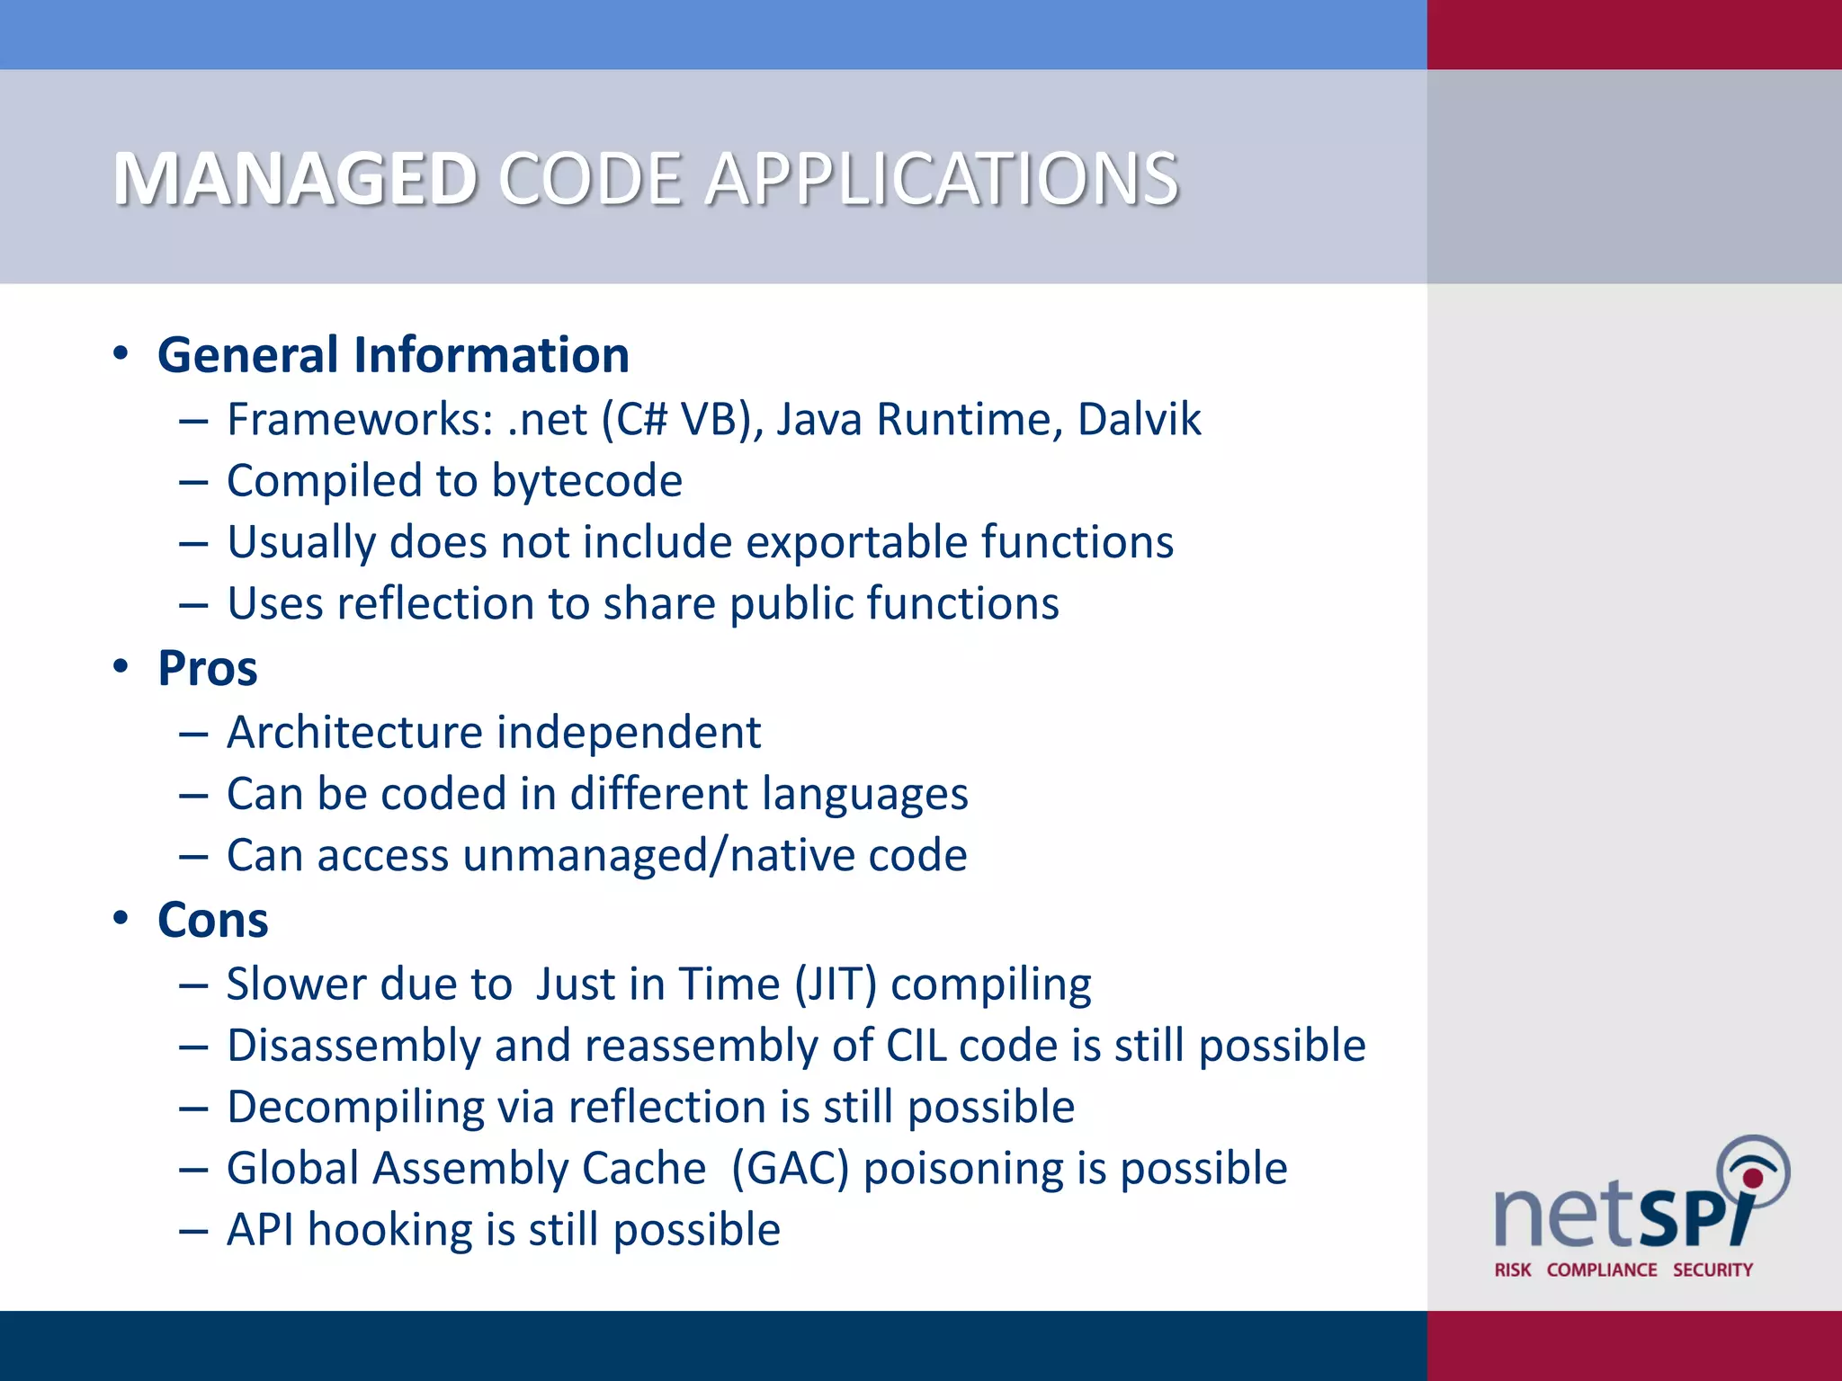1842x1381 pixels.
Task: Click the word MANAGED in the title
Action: pyautogui.click(x=295, y=179)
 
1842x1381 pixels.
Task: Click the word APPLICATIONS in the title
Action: pyautogui.click(x=941, y=179)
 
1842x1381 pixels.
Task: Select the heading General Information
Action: pyautogui.click(x=393, y=354)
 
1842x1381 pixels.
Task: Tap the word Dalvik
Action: pyautogui.click(x=1139, y=419)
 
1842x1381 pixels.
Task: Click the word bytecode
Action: pyautogui.click(x=586, y=481)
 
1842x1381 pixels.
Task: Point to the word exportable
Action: pyautogui.click(x=855, y=542)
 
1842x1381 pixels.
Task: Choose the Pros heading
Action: pyautogui.click(x=208, y=668)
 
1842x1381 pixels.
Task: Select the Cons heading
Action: pyautogui.click(x=213, y=920)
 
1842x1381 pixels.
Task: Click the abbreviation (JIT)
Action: pyautogui.click(x=835, y=984)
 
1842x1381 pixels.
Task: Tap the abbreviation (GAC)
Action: pyautogui.click(x=790, y=1169)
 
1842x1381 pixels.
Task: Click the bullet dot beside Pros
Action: pyautogui.click(x=121, y=667)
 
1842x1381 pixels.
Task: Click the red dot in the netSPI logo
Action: pyautogui.click(x=1753, y=1178)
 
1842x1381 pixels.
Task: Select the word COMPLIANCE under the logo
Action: pyautogui.click(x=1602, y=1270)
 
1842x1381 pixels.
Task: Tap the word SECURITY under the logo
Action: pyautogui.click(x=1712, y=1270)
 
